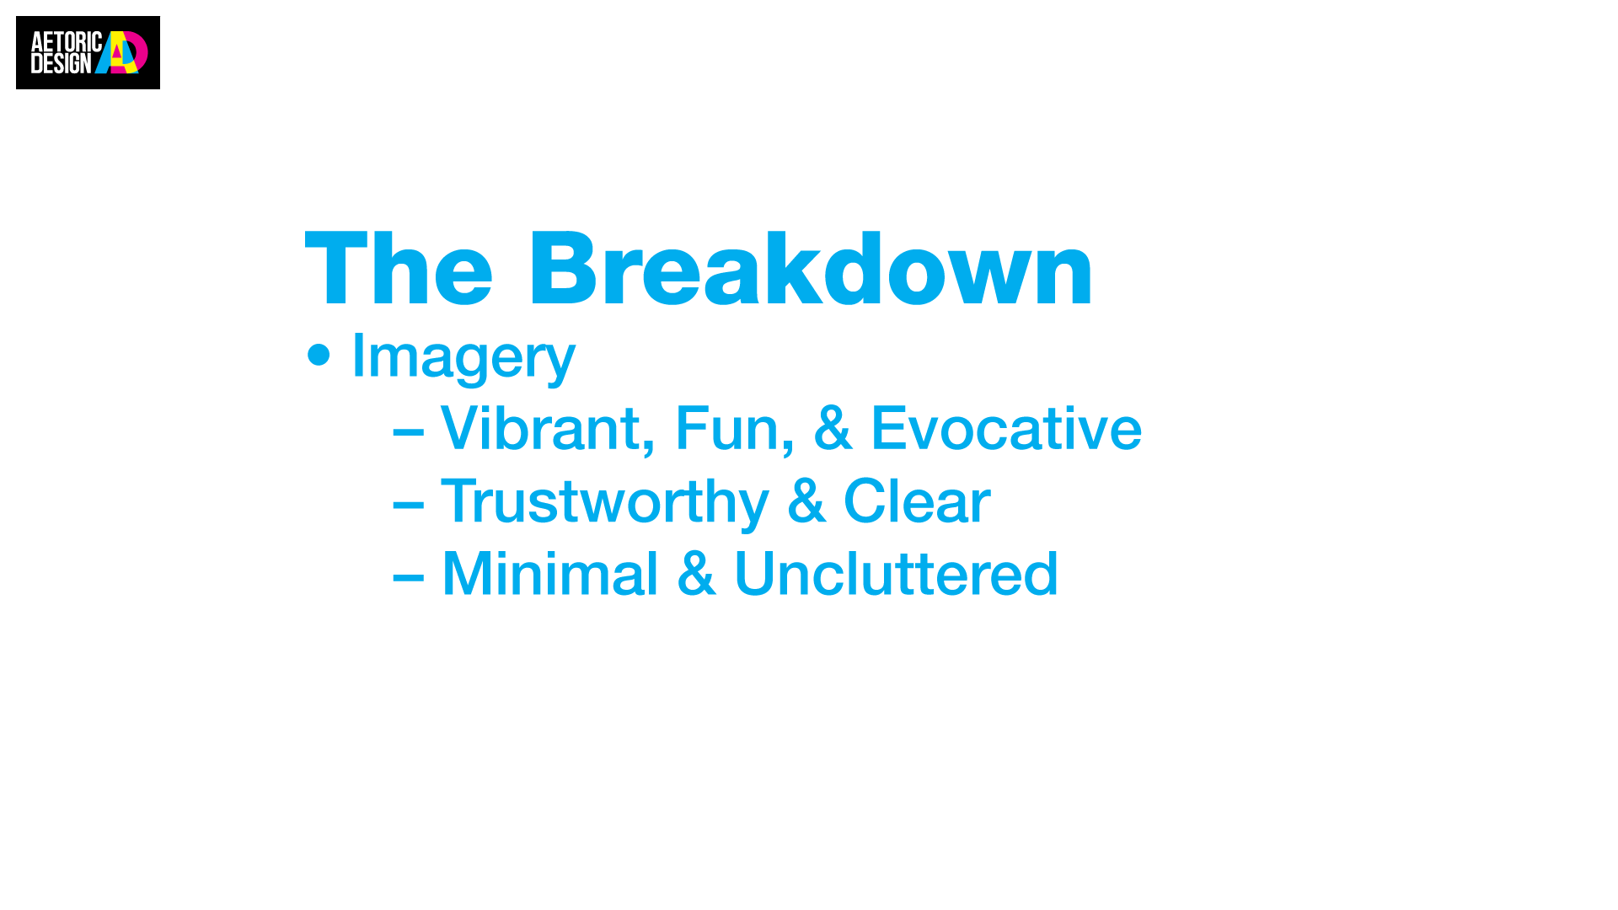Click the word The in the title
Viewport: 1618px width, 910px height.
pyautogui.click(x=399, y=268)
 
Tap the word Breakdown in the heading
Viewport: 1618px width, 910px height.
pyautogui.click(x=811, y=268)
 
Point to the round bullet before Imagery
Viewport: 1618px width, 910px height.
pyautogui.click(x=319, y=355)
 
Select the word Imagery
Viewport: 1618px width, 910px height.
pyautogui.click(x=463, y=357)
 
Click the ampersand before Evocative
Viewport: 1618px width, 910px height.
pyautogui.click(x=832, y=428)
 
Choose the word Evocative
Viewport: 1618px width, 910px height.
pyautogui.click(x=1006, y=428)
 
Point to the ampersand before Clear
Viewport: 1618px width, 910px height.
pyautogui.click(x=806, y=500)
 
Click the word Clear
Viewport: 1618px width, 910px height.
pyautogui.click(x=917, y=500)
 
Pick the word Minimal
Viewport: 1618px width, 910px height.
pyautogui.click(x=549, y=573)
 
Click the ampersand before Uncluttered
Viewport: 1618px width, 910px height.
pyautogui.click(x=697, y=573)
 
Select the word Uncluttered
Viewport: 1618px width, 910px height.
pyautogui.click(x=896, y=573)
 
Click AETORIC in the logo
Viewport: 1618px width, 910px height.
pyautogui.click(x=67, y=42)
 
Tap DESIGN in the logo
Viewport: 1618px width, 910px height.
pyautogui.click(x=61, y=63)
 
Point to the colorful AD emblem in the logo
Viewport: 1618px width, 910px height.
pyautogui.click(x=121, y=52)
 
